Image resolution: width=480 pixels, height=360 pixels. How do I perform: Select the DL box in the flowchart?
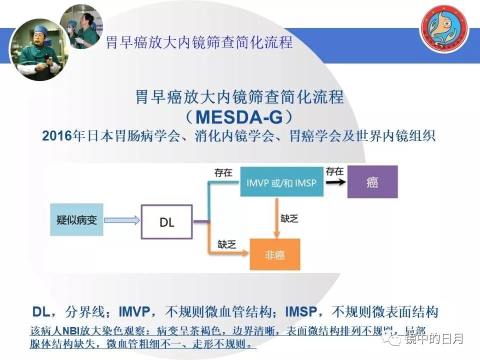167,221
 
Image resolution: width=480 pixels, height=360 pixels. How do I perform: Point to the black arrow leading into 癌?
335,183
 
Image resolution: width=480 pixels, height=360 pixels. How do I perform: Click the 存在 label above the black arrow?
334,171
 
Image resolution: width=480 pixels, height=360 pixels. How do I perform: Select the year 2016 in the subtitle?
57,136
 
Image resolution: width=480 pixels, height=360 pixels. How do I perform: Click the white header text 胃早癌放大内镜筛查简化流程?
199,43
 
